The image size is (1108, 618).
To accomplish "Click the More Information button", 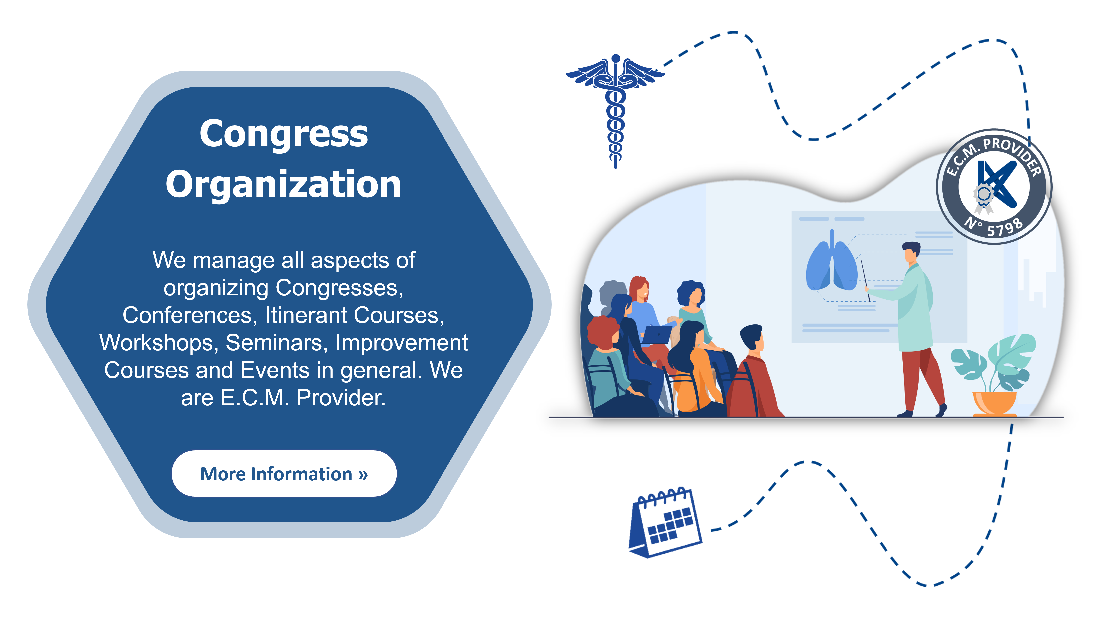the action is click(x=284, y=473).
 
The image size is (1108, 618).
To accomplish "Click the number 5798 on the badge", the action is click(x=1005, y=227).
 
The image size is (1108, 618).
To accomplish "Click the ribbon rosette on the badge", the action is click(x=983, y=198).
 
